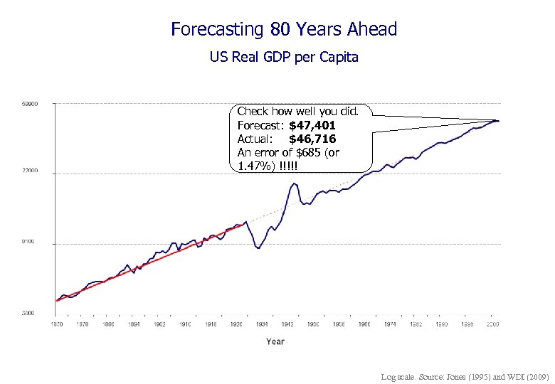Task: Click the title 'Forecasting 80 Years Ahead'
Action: pyautogui.click(x=284, y=29)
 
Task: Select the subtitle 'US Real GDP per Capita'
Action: pyautogui.click(x=284, y=57)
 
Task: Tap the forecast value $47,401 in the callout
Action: pyautogui.click(x=312, y=125)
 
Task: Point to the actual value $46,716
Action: pyautogui.click(x=312, y=139)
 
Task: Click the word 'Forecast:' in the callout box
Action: pyautogui.click(x=259, y=125)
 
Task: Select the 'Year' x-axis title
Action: pyautogui.click(x=275, y=341)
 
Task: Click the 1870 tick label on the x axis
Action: pyautogui.click(x=56, y=324)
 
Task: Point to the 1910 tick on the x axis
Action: pyautogui.click(x=185, y=324)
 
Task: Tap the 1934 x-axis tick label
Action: pyautogui.click(x=262, y=324)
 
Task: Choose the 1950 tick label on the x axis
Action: pyautogui.click(x=313, y=324)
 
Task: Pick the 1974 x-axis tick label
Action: pyautogui.click(x=390, y=324)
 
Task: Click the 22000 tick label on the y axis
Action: pyautogui.click(x=28, y=171)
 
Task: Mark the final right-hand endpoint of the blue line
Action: pyautogui.click(x=499, y=121)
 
